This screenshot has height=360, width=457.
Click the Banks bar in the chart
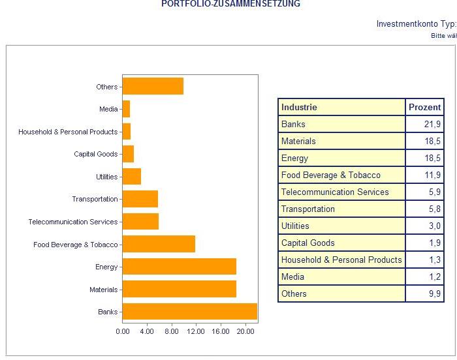coord(189,312)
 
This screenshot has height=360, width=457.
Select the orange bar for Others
coord(153,87)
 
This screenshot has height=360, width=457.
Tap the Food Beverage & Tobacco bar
coord(159,245)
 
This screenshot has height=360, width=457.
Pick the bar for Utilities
coord(131,177)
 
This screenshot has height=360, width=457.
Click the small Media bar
coord(126,109)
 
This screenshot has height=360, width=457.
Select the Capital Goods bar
coord(128,154)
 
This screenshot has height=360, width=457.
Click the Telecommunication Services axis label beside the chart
coord(73,222)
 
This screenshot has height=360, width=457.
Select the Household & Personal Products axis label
coord(68,132)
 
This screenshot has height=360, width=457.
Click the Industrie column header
coord(299,107)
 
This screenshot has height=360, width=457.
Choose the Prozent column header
coord(424,107)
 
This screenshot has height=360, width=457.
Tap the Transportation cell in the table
coord(307,209)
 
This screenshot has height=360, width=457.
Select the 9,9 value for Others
coord(434,293)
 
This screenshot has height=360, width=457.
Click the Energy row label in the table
coord(294,158)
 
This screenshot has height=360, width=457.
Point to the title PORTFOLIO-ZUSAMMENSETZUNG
coord(230,4)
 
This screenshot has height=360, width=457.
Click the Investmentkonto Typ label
coord(416,24)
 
